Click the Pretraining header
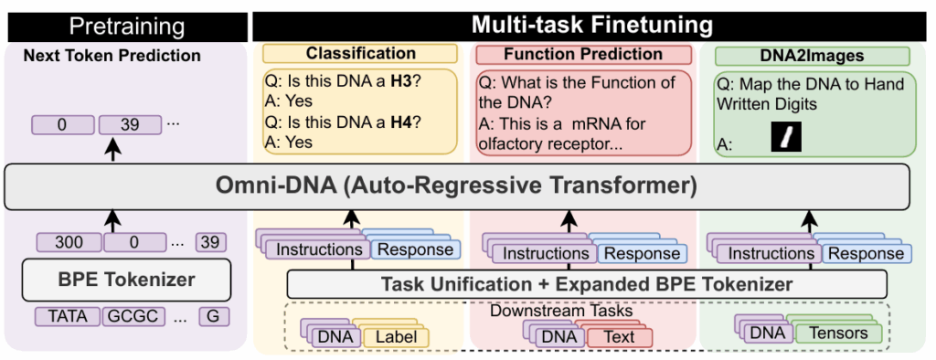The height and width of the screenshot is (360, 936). pyautogui.click(x=126, y=25)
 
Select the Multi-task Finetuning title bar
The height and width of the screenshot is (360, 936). pyautogui.click(x=592, y=25)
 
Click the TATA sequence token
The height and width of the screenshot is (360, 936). pyautogui.click(x=68, y=317)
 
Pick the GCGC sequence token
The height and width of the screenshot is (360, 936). pyautogui.click(x=134, y=317)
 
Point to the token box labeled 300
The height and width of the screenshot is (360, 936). pyautogui.click(x=69, y=243)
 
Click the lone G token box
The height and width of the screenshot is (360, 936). pyautogui.click(x=214, y=317)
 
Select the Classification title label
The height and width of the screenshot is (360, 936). pyautogui.click(x=360, y=55)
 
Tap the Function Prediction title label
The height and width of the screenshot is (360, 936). pyautogui.click(x=582, y=55)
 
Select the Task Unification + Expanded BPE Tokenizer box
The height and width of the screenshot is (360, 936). pyautogui.click(x=586, y=284)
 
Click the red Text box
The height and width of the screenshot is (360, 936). pyautogui.click(x=619, y=337)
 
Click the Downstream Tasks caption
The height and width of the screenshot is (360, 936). pyautogui.click(x=561, y=311)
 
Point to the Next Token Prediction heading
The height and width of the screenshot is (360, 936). pyautogui.click(x=112, y=56)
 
